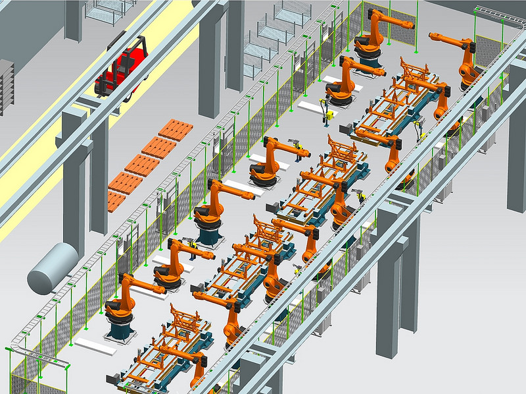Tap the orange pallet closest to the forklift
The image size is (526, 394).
point(175,129)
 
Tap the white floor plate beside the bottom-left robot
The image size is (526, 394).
point(95,343)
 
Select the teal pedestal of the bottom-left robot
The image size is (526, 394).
point(121,327)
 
